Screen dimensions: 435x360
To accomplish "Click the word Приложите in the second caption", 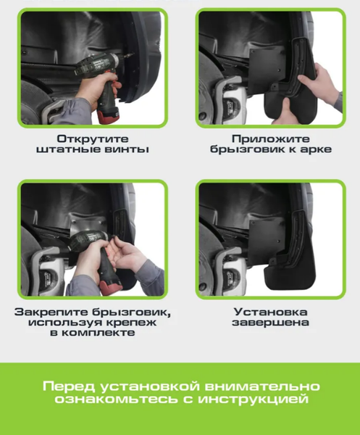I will tap(271, 138).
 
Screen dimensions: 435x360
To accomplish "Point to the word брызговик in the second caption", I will tap(244, 149).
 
